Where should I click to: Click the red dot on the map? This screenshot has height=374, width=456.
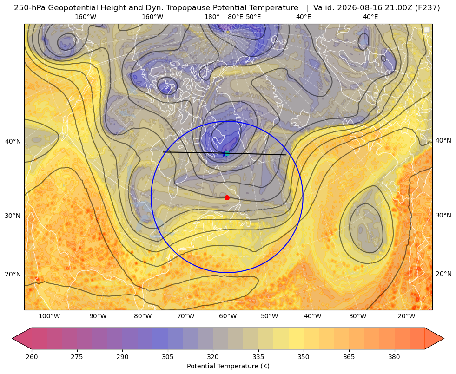(227, 197)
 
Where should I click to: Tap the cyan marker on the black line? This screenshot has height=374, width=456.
(227, 153)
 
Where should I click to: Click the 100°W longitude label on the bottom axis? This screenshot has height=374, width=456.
(49, 316)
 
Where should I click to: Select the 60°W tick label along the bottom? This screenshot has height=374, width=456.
(228, 316)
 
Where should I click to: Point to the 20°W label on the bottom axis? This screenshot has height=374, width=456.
(406, 316)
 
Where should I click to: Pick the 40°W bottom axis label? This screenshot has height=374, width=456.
(313, 316)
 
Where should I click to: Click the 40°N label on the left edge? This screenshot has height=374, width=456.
(13, 142)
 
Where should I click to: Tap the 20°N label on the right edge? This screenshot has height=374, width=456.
(443, 274)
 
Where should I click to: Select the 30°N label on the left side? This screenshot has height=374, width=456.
(13, 216)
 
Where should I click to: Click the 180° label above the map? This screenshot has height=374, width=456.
(212, 17)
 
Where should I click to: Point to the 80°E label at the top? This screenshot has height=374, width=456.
(235, 17)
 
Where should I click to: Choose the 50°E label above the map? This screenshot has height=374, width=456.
(253, 17)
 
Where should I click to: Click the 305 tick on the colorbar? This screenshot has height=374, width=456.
(167, 357)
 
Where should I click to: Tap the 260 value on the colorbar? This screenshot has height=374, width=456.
(32, 357)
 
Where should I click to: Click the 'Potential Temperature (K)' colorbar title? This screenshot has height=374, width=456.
(228, 366)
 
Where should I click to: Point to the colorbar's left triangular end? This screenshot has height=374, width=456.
(22, 338)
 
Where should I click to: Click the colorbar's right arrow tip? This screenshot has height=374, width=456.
(444, 338)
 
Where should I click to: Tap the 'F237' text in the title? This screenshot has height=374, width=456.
(429, 8)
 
